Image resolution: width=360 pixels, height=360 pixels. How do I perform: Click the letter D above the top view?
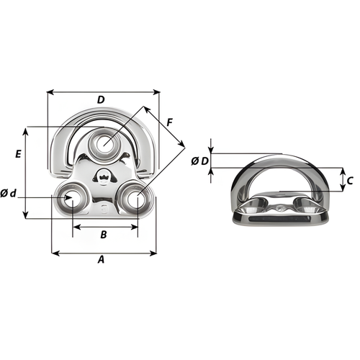point(101,99)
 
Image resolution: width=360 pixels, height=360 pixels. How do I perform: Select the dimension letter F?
point(169,122)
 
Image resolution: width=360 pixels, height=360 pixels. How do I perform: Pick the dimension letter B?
point(104,235)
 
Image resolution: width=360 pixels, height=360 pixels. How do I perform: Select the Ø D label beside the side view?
point(200,162)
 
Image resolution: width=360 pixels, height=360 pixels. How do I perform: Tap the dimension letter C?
point(349,179)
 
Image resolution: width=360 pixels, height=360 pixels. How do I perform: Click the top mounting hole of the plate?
point(104,143)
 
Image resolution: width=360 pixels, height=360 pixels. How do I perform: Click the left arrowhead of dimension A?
point(53,253)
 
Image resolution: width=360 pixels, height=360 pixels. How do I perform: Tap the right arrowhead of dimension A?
point(154,253)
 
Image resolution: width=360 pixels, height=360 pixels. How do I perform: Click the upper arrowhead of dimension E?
point(27,130)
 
